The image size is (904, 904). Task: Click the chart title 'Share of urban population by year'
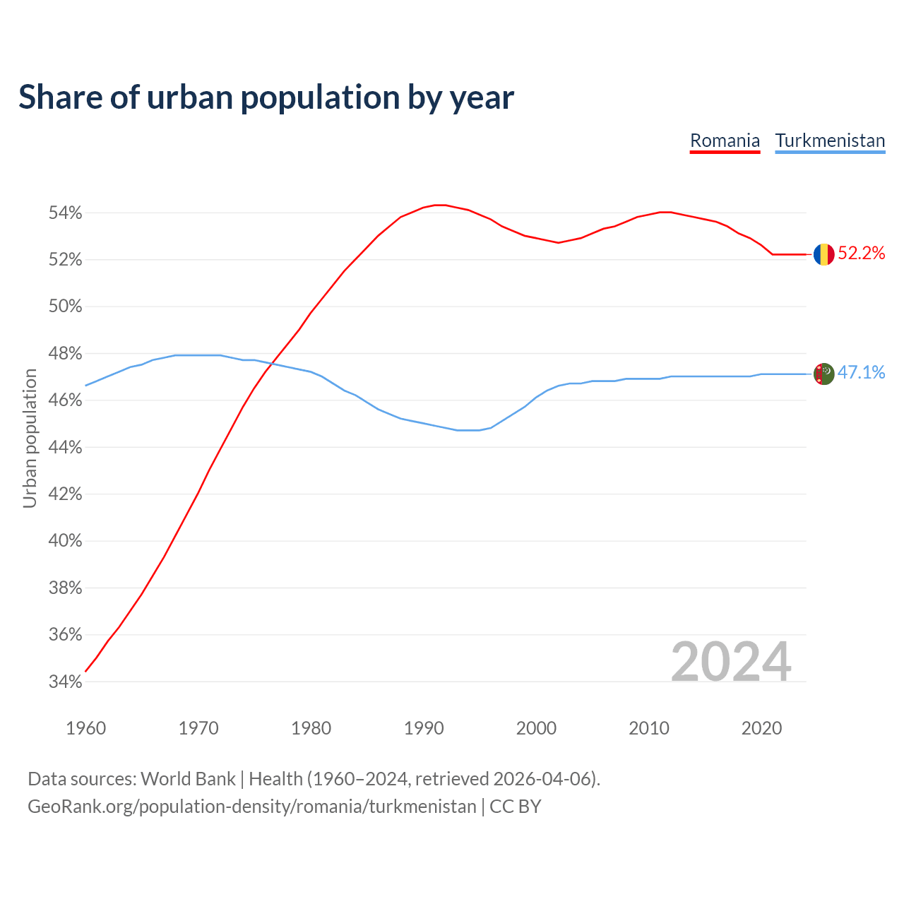(266, 97)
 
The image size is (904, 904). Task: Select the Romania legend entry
(725, 141)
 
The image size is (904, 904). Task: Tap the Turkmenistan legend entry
(830, 141)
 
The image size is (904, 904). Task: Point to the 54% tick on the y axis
(65, 213)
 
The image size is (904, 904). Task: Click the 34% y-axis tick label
(65, 682)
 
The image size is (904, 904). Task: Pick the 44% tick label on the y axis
(65, 448)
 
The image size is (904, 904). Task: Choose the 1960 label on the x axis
(86, 728)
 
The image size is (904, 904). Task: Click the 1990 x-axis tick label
(424, 728)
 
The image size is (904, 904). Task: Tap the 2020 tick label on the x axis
(761, 728)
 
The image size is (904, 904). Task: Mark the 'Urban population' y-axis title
(30, 438)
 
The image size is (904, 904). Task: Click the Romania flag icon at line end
(823, 254)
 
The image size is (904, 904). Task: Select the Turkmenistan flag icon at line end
(823, 374)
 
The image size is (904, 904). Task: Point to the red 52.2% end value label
(862, 254)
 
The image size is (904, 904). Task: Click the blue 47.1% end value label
(862, 373)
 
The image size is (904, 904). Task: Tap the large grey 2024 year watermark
(731, 662)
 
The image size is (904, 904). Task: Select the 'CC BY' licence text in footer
(516, 807)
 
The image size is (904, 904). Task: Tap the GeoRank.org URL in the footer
(251, 807)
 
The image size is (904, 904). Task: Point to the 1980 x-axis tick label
(311, 728)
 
